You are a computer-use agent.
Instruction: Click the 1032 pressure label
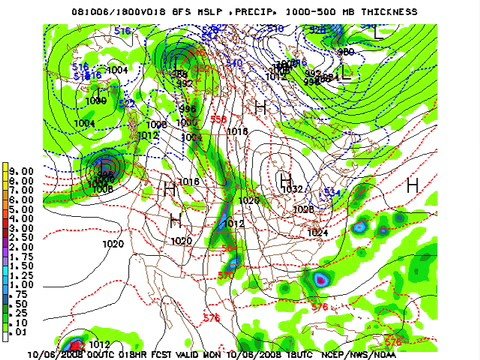(x=292, y=189)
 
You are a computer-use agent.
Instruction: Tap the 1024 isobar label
(x=318, y=232)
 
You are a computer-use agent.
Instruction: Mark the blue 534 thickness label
(x=333, y=191)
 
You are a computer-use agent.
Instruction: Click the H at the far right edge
(x=412, y=185)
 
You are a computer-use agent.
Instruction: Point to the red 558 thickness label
(x=218, y=119)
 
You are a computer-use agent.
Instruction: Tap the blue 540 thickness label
(x=235, y=62)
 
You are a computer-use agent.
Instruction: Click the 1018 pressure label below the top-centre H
(x=237, y=131)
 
